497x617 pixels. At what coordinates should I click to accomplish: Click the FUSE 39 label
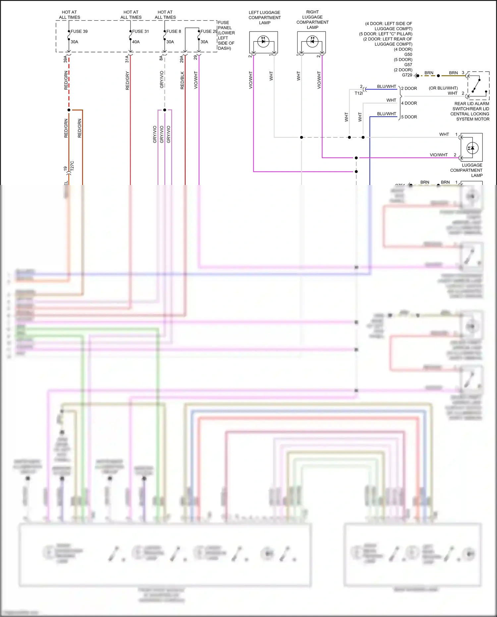(x=79, y=31)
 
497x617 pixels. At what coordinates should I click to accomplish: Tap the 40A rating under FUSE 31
(x=136, y=42)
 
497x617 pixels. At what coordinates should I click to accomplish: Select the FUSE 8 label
(x=174, y=31)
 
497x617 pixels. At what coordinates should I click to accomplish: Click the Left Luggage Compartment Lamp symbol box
(x=263, y=42)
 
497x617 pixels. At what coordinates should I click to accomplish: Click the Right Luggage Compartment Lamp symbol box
(x=311, y=42)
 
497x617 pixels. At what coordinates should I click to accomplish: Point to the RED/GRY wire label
(x=128, y=81)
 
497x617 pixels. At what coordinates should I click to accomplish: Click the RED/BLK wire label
(x=182, y=81)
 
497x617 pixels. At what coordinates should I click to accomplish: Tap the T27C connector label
(x=72, y=166)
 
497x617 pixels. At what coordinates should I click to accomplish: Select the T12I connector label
(x=359, y=93)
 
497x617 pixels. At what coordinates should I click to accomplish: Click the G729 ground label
(x=407, y=75)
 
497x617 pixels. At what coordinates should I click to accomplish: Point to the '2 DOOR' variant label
(x=409, y=89)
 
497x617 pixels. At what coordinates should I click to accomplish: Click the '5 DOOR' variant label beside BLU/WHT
(x=409, y=117)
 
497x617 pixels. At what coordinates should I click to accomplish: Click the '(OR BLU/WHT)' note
(x=443, y=88)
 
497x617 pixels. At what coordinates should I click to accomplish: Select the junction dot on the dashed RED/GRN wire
(x=69, y=110)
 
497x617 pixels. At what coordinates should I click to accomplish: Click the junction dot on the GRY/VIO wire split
(x=165, y=110)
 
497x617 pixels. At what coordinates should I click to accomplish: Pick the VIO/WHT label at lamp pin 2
(x=438, y=155)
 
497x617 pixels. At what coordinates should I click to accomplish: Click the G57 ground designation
(x=408, y=65)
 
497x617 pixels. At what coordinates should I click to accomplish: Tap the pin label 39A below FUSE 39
(x=65, y=59)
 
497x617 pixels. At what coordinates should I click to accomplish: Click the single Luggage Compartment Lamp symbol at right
(x=471, y=148)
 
